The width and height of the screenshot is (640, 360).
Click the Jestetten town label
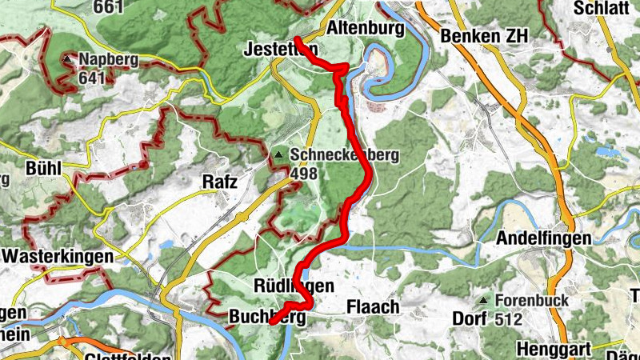280,50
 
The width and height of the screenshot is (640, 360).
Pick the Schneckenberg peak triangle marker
278,154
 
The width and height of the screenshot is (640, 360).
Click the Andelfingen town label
543,238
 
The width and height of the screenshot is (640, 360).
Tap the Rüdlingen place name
293,286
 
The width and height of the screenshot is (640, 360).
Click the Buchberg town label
269,318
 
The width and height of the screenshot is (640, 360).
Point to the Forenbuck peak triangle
482,301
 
